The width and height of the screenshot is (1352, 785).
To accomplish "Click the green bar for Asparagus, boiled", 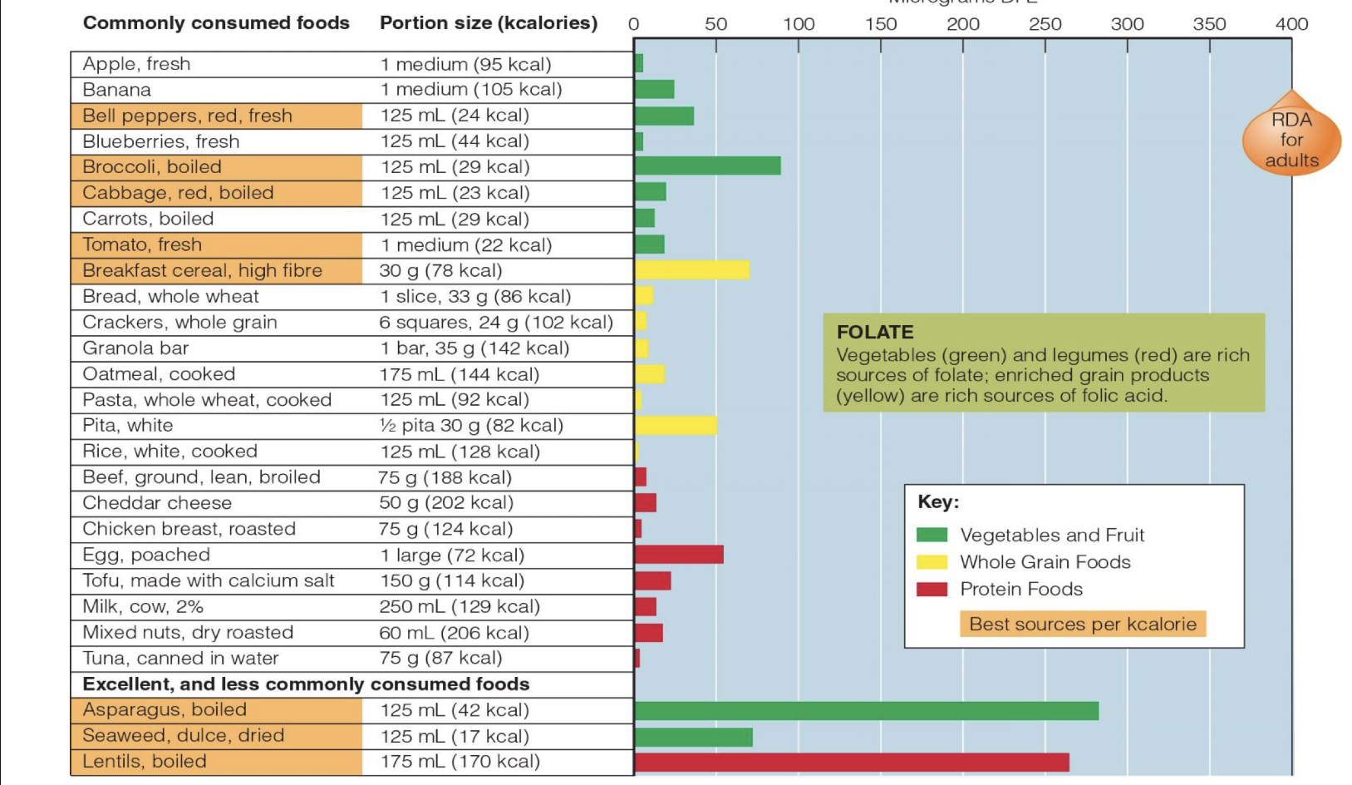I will point(866,710).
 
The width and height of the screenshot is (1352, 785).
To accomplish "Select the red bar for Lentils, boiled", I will point(852,762).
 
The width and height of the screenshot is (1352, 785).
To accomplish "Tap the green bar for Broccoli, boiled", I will point(707,166).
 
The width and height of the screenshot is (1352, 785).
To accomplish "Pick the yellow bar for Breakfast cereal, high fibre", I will point(692,270).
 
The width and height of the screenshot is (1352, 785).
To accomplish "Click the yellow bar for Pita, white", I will point(676,425).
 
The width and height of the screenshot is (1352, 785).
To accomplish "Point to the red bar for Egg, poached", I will point(679,555).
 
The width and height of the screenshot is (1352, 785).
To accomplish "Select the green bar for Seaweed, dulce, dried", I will point(694,737).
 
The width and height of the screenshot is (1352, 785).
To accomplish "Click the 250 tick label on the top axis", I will point(1045,24).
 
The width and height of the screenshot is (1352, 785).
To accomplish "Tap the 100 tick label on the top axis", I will point(799,24).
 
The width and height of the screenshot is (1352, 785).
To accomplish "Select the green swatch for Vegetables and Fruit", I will point(932,535).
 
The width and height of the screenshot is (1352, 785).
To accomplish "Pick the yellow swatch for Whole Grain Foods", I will point(932,562).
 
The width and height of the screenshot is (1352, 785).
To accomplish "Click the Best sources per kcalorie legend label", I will point(1082,624).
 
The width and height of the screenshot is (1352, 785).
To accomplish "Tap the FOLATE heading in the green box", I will point(875,332).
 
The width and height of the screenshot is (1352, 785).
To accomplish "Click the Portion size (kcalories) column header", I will point(489,23).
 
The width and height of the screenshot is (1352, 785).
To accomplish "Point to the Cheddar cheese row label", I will point(157,503).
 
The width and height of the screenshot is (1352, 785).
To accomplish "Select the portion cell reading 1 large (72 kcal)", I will point(452,555).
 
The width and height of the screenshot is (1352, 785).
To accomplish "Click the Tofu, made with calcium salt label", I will point(208,580).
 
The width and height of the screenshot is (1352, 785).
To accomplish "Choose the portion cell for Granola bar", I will point(474,348).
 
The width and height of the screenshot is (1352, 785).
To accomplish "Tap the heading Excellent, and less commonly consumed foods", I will point(306,684).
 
